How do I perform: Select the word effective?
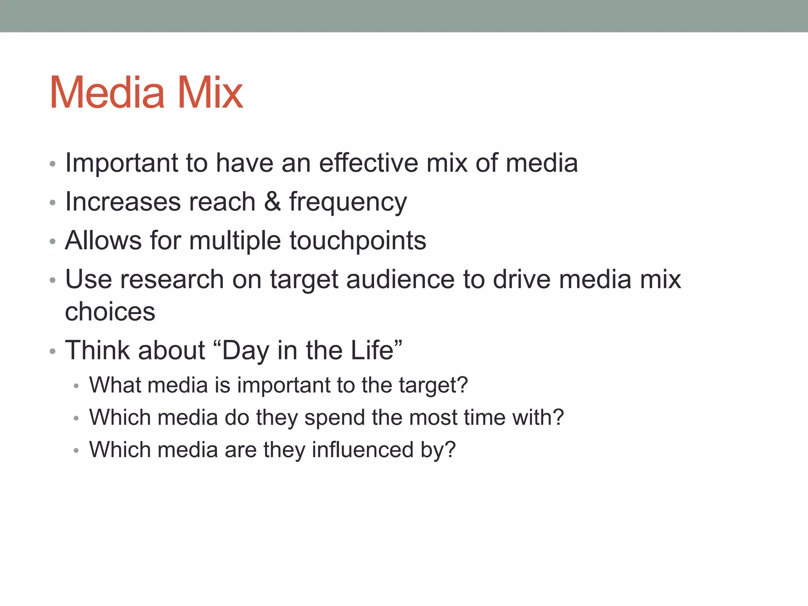[x=368, y=163]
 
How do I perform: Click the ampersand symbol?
[x=272, y=202]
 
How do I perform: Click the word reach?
[x=222, y=202]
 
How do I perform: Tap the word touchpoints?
[x=358, y=241]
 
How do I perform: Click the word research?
[x=172, y=280]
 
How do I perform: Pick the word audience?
[x=400, y=280]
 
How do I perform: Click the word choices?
[x=110, y=312]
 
